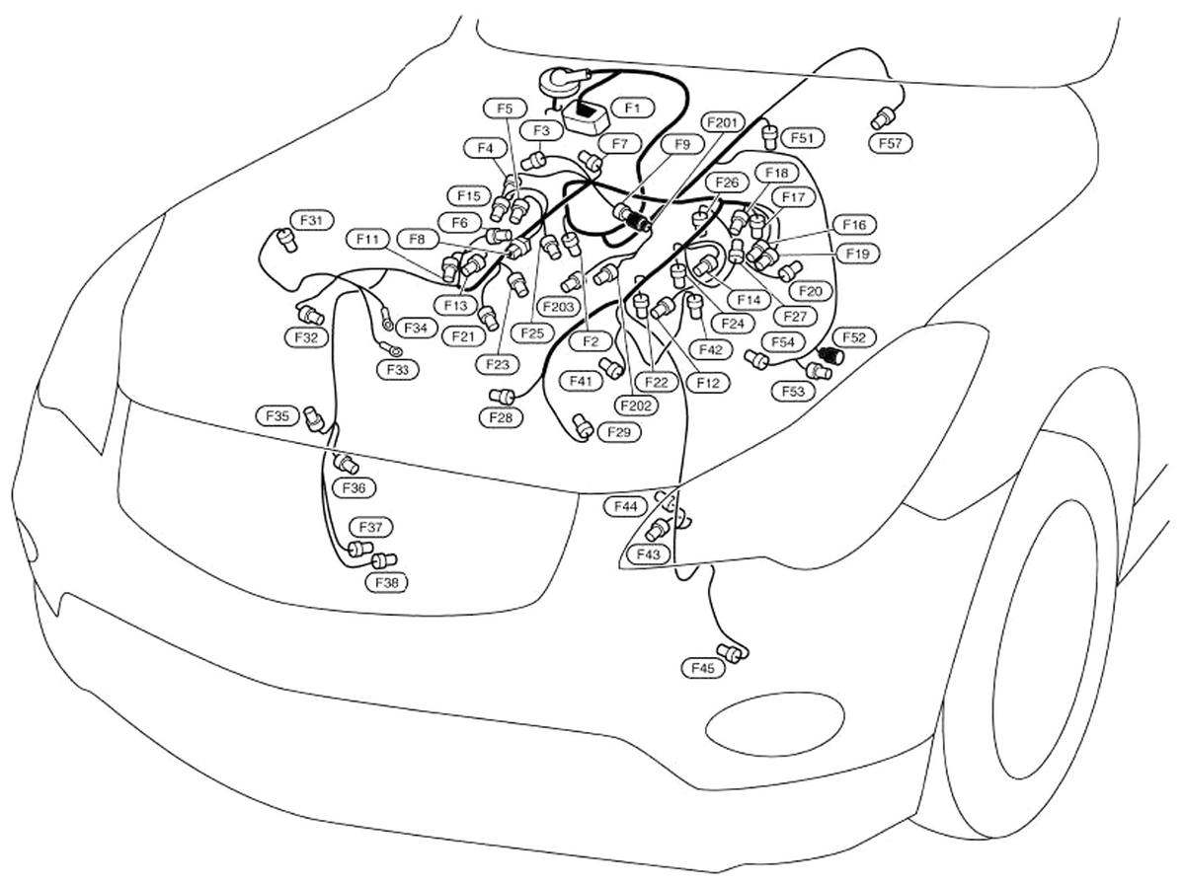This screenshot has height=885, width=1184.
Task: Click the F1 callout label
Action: (632, 107)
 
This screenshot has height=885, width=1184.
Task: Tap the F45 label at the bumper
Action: (702, 669)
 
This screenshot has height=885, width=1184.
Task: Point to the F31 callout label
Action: (312, 220)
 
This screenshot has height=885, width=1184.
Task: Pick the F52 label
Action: (853, 337)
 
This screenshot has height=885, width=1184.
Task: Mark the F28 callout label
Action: (502, 417)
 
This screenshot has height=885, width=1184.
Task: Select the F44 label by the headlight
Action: (626, 506)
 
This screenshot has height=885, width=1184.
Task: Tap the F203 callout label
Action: (558, 308)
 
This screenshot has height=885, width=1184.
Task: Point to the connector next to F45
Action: (732, 650)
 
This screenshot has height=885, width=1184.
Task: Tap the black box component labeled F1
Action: (590, 118)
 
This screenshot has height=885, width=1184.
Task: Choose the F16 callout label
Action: (854, 225)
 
